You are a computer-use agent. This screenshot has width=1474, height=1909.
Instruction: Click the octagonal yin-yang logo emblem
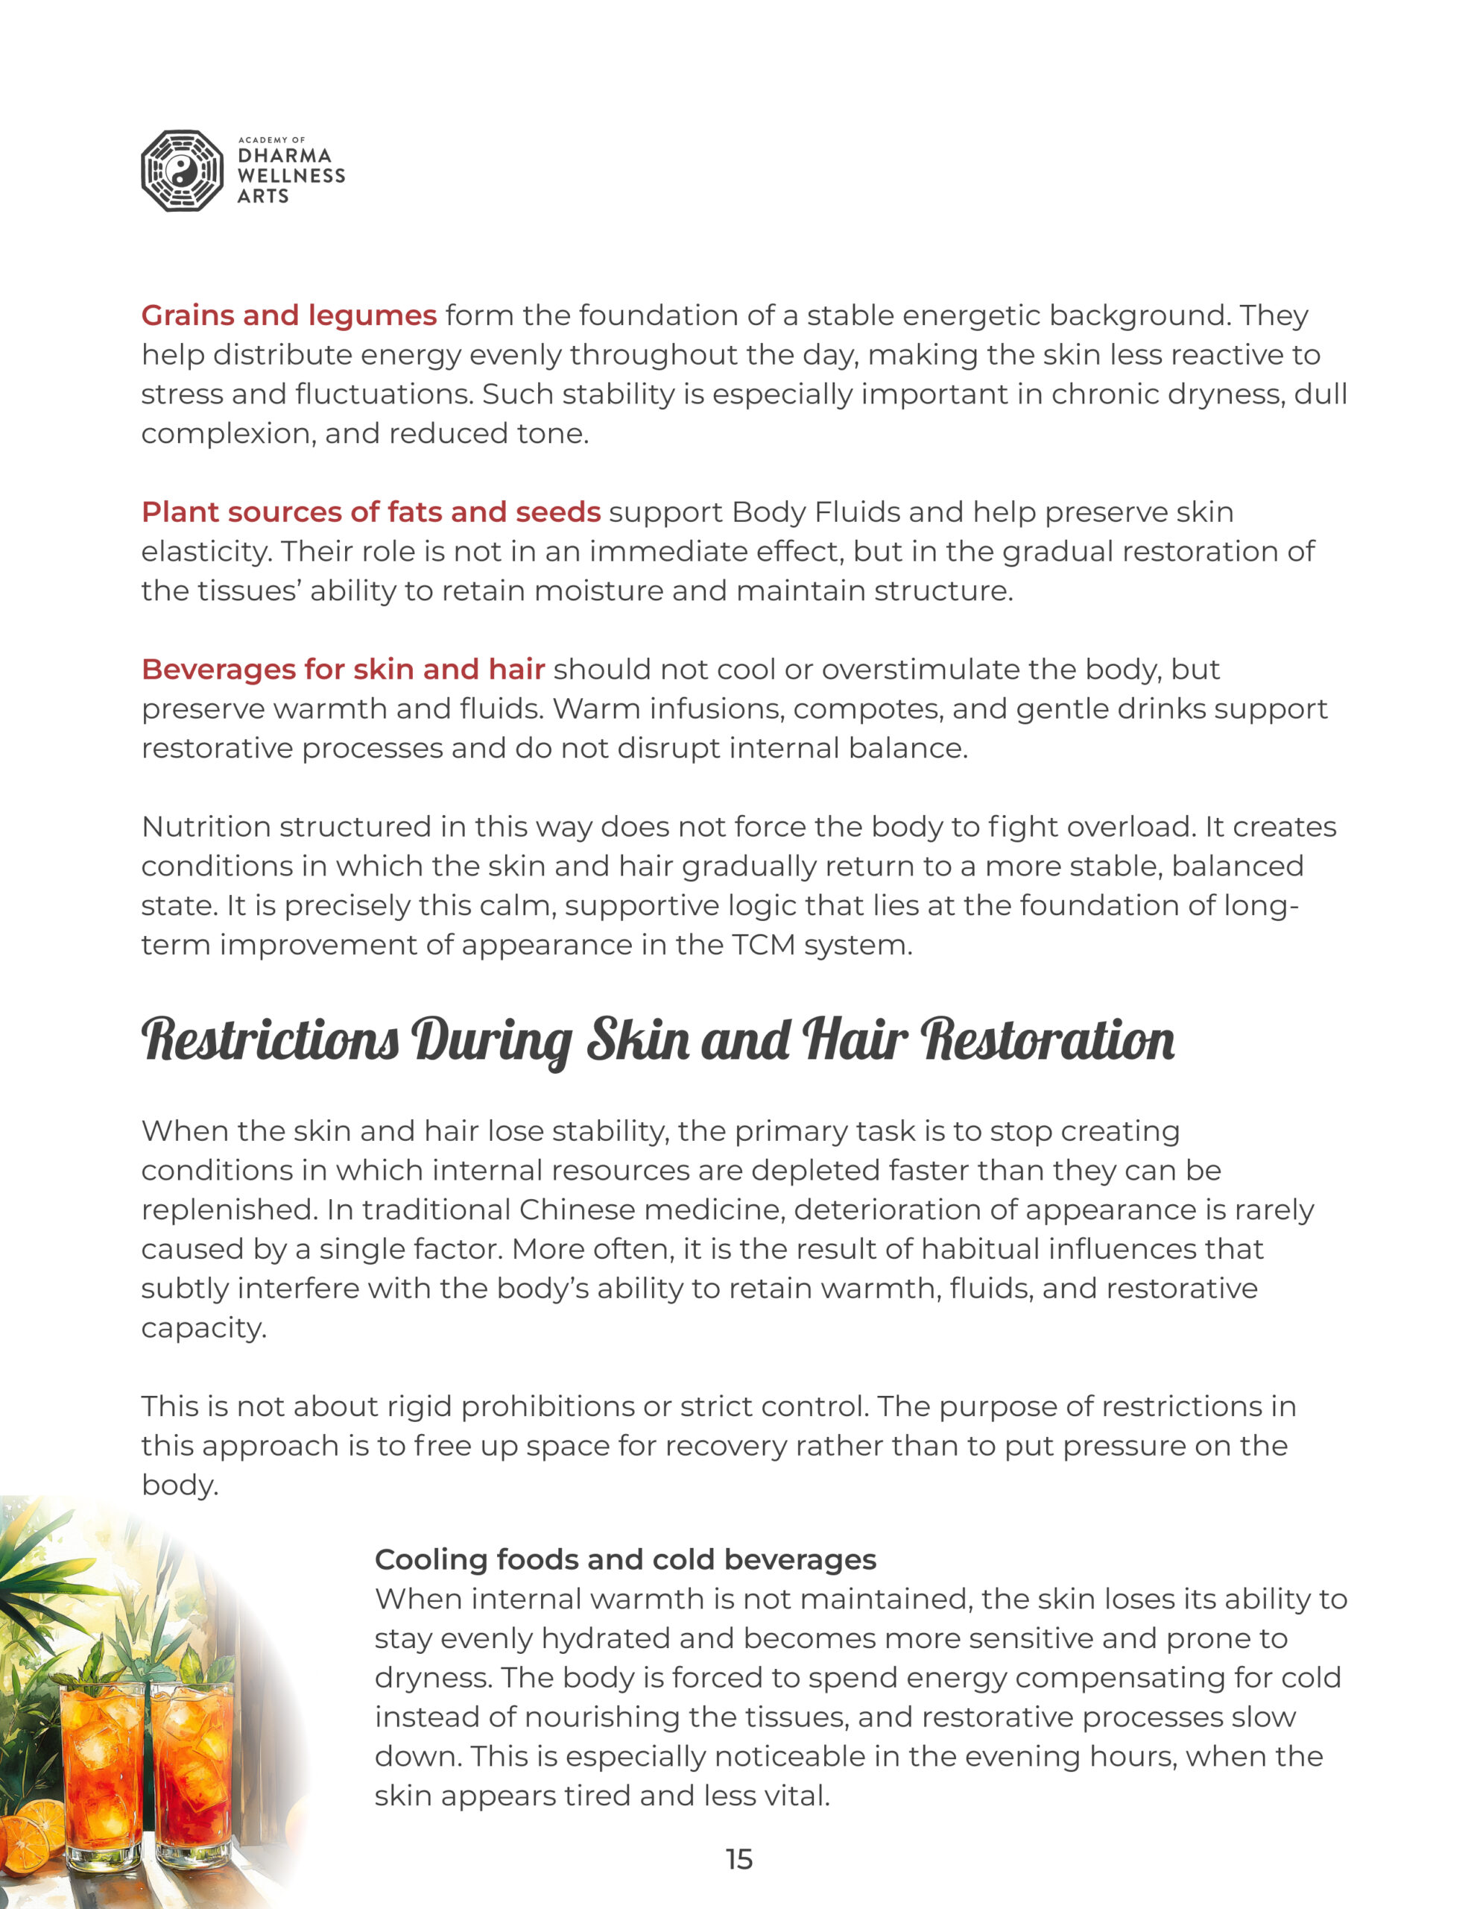point(182,172)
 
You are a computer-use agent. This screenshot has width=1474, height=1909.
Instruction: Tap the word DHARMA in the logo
point(284,156)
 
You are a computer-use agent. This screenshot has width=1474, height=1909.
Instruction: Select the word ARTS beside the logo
point(262,196)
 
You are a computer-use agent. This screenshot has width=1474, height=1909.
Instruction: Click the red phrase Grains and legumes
point(288,315)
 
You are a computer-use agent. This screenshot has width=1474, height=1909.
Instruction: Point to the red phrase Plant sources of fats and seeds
point(370,512)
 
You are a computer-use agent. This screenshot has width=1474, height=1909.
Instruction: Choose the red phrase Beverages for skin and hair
point(343,669)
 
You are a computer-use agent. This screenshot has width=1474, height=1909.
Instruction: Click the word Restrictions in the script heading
point(270,1040)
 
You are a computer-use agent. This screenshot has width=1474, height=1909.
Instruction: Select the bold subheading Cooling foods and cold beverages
point(624,1559)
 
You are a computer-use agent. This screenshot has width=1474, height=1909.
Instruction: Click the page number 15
point(738,1859)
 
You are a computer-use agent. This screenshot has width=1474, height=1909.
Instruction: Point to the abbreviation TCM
point(763,945)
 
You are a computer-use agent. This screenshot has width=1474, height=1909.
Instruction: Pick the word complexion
point(228,433)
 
